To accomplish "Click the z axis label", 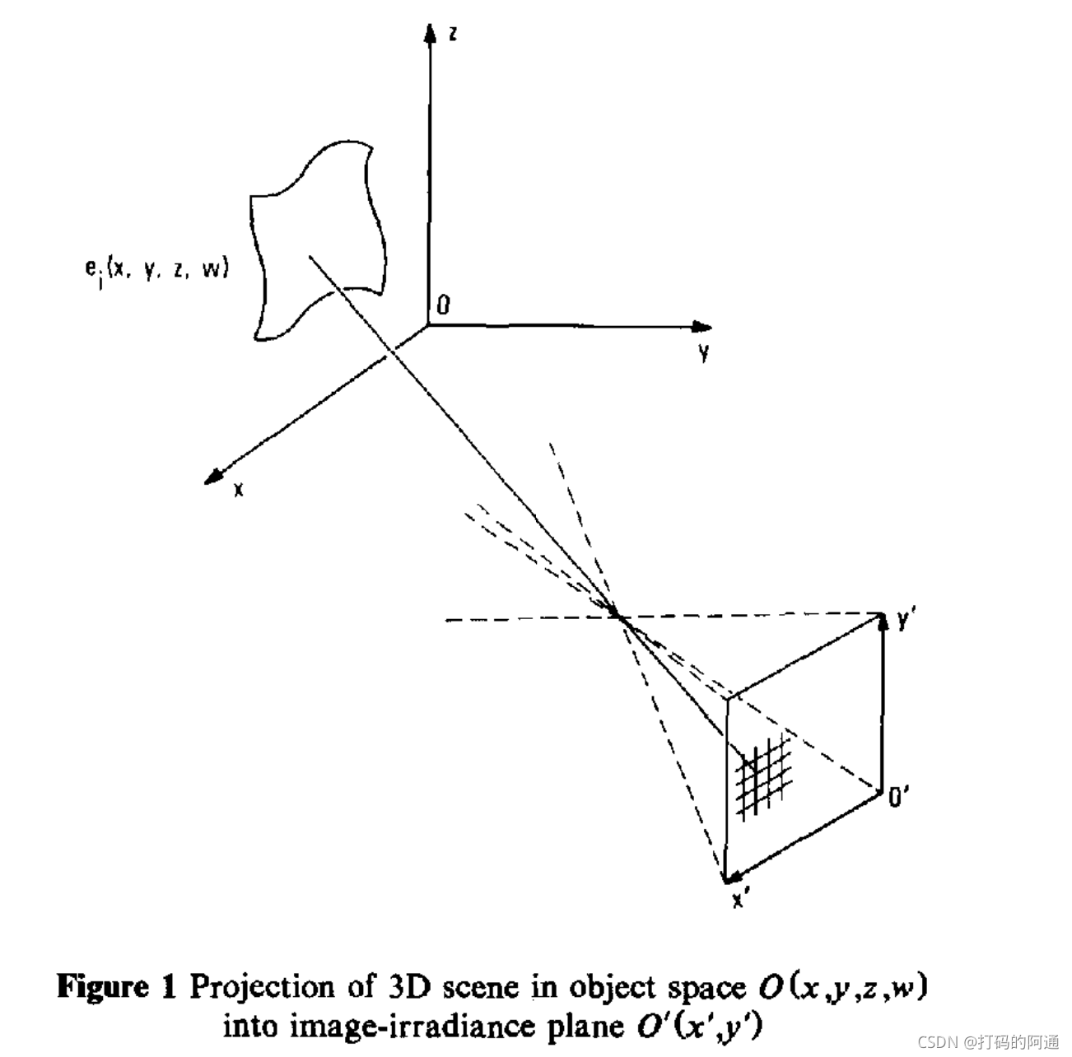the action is tap(453, 34).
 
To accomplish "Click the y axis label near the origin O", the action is tap(704, 354).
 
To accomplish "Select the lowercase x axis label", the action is tap(239, 489).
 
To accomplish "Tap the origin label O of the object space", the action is tap(444, 305).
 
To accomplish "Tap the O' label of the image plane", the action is tap(899, 797).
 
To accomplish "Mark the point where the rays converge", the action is tap(616, 614).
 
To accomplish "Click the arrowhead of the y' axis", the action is tap(883, 619).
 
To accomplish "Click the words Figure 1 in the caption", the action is tap(116, 987).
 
